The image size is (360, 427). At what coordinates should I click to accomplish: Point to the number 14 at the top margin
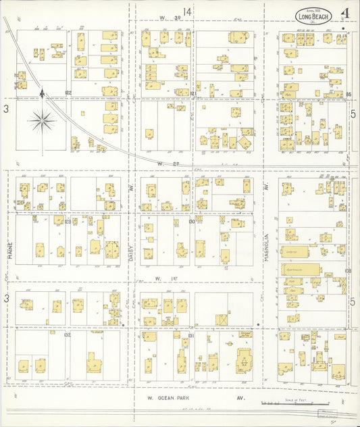tap(186, 12)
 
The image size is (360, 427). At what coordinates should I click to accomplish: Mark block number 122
tap(68, 93)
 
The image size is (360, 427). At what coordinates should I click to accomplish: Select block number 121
tap(192, 93)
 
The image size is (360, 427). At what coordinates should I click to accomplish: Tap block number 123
tap(68, 221)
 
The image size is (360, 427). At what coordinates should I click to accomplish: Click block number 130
tap(192, 221)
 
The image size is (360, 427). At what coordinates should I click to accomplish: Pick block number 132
tap(68, 334)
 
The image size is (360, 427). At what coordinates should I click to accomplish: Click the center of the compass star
tap(42, 122)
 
